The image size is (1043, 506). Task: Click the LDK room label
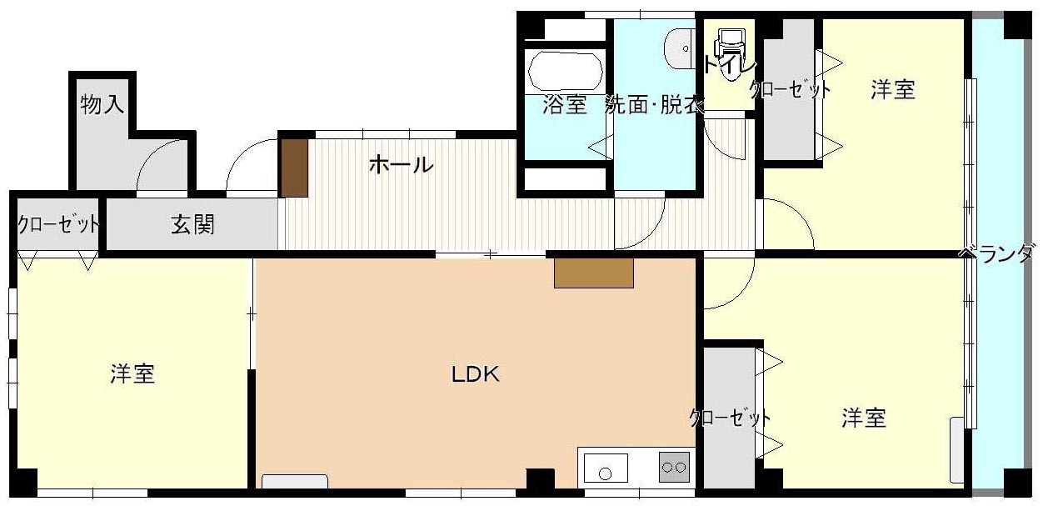pos(476,374)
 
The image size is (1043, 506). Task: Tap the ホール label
pos(401,165)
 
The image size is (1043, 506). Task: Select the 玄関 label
pos(192,224)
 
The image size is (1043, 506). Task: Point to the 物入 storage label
pos(102,104)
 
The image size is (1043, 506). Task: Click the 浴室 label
pos(564,105)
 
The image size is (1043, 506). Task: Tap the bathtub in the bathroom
pos(566,72)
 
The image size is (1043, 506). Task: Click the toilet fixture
pos(732,46)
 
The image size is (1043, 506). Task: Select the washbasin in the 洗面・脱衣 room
pos(679,48)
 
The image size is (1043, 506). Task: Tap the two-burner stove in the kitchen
pos(674,467)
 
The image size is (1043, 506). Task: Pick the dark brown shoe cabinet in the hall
pos(294,168)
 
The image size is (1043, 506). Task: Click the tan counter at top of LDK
pos(594,273)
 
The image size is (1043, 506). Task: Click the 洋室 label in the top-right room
pos(892,89)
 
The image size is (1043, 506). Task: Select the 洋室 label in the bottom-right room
pos(863,418)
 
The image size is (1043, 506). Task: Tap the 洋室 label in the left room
pos(132,374)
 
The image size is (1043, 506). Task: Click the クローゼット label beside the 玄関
pos(58,225)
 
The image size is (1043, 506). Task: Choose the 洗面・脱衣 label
pos(654,105)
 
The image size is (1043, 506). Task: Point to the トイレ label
pos(729,66)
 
